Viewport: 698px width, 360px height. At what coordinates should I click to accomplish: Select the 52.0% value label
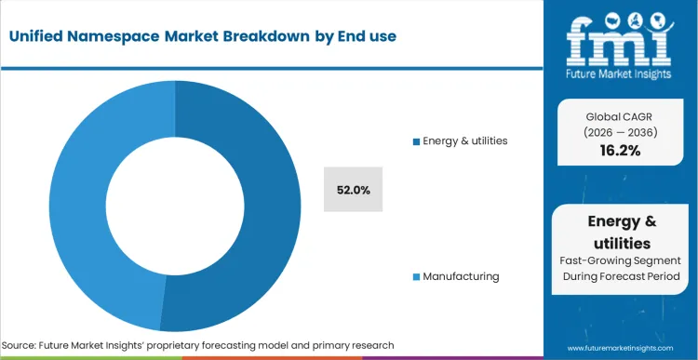coord(354,190)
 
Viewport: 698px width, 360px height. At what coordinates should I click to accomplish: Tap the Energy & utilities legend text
coord(464,141)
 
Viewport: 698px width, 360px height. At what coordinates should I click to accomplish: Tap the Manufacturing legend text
coord(461,276)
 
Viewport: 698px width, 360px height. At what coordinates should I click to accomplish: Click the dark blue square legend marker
coord(416,141)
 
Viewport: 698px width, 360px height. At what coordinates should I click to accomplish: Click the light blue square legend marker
coord(416,277)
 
